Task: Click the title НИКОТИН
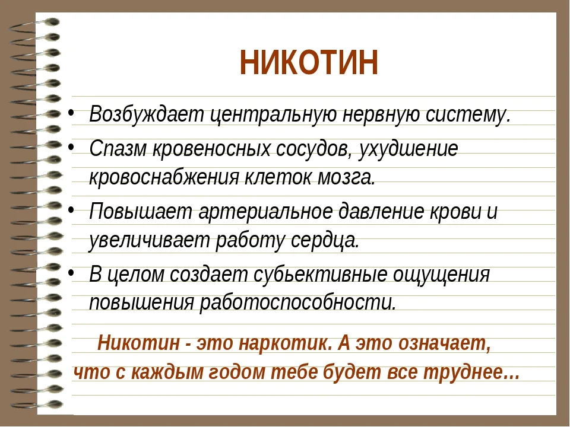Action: (x=309, y=63)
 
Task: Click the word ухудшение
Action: (x=410, y=149)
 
